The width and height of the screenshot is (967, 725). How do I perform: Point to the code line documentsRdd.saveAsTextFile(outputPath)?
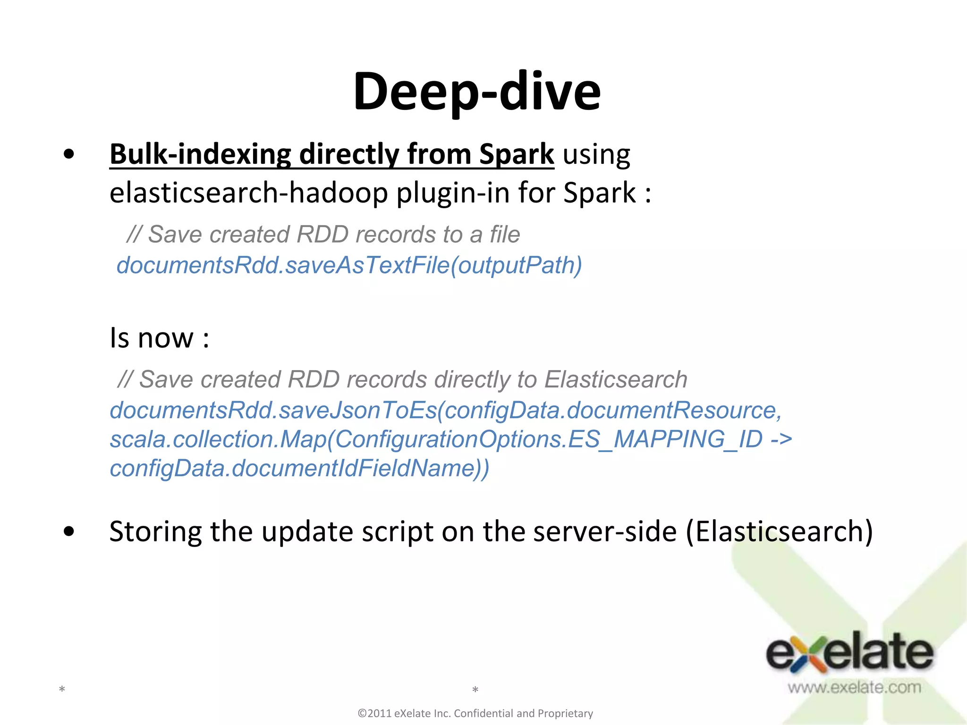[349, 265]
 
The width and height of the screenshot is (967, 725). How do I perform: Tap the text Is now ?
[159, 338]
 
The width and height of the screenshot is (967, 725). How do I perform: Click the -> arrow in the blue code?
[781, 439]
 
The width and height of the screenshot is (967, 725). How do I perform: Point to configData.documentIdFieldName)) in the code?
[299, 469]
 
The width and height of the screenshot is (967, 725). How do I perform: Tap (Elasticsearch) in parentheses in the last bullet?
[779, 531]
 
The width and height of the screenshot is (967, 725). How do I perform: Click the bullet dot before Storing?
[69, 531]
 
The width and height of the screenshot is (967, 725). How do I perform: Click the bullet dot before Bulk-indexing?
[69, 154]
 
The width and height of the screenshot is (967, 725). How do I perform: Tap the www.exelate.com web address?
[854, 687]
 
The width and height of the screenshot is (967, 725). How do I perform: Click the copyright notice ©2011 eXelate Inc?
[475, 713]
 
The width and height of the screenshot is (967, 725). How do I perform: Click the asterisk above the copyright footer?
[475, 690]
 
